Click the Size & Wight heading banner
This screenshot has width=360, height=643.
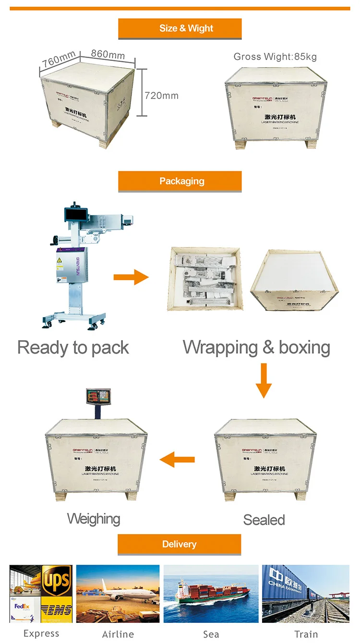[180, 28]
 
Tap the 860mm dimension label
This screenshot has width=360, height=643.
[108, 54]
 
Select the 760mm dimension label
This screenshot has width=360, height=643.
[58, 59]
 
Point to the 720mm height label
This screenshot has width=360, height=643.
[161, 95]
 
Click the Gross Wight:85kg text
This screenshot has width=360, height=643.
[275, 57]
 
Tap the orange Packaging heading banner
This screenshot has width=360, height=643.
[180, 181]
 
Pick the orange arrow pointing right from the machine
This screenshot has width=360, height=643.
[131, 277]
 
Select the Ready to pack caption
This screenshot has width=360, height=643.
[73, 347]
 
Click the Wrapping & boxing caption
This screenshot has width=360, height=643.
[256, 347]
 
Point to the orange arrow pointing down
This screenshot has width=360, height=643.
[263, 380]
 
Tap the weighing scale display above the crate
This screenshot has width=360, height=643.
[98, 396]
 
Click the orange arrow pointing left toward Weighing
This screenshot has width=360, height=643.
[177, 460]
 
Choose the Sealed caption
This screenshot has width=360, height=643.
[264, 520]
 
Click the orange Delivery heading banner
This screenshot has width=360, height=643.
[180, 545]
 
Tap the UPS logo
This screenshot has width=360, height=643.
[57, 580]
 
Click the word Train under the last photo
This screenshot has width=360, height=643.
[306, 634]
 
